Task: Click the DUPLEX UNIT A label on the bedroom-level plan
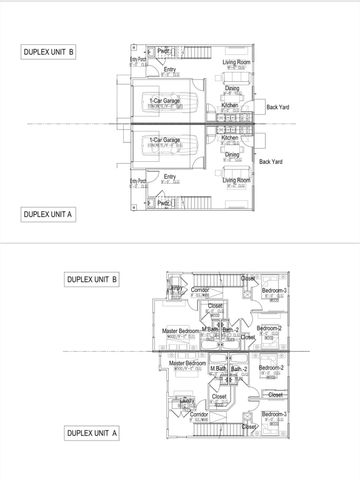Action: pyautogui.click(x=92, y=433)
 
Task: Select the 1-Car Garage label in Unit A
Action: pyautogui.click(x=163, y=139)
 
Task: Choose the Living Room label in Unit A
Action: pyautogui.click(x=236, y=180)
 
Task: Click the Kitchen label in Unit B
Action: pyautogui.click(x=230, y=104)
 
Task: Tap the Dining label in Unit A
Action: pyautogui.click(x=232, y=155)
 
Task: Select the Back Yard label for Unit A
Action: pyautogui.click(x=271, y=161)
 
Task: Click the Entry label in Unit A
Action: pyautogui.click(x=170, y=176)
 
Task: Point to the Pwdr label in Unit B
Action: pyautogui.click(x=164, y=49)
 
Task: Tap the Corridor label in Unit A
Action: pyautogui.click(x=200, y=413)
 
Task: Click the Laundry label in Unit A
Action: pyautogui.click(x=186, y=400)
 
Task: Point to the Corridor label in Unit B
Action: pyautogui.click(x=200, y=289)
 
